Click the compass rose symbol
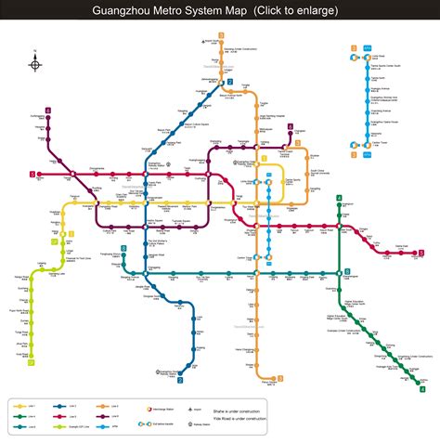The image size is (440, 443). point(35,64)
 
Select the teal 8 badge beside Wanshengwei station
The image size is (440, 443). point(347,272)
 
